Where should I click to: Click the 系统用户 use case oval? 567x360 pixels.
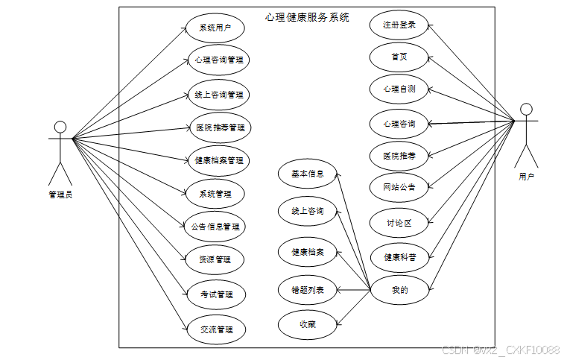215,29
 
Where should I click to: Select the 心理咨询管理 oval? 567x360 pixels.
218,60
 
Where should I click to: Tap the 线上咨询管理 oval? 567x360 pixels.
218,95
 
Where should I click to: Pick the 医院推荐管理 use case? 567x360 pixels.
220,127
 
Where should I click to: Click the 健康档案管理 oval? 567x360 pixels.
218,160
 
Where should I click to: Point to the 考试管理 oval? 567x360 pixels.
216,294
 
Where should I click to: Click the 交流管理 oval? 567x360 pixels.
216,329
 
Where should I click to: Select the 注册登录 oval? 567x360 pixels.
399,25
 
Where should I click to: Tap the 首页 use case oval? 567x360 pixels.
399,57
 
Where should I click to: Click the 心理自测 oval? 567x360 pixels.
399,89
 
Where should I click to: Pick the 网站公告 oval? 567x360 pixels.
399,186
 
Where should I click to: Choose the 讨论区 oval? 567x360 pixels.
399,222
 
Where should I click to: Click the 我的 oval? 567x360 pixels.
399,289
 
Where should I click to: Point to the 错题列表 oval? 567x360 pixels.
308,289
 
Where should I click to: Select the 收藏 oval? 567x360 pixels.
308,323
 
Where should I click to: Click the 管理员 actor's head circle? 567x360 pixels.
60,127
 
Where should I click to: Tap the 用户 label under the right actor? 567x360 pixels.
526,177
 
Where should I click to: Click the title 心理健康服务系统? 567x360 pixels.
306,17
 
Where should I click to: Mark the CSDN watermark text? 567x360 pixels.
500,350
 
